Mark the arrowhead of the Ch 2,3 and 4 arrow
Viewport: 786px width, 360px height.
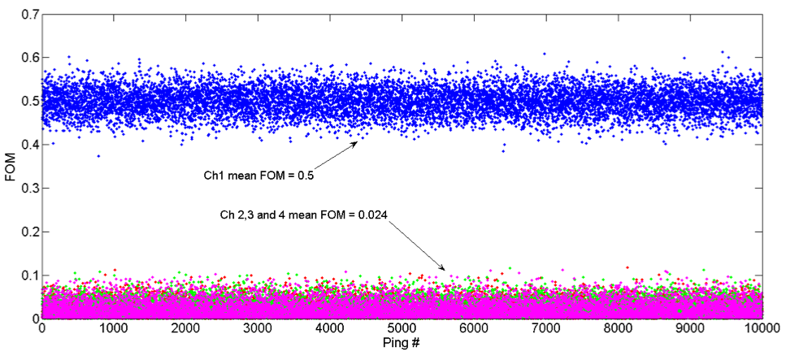tap(444, 267)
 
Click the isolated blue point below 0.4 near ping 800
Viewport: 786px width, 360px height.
tap(98, 156)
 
